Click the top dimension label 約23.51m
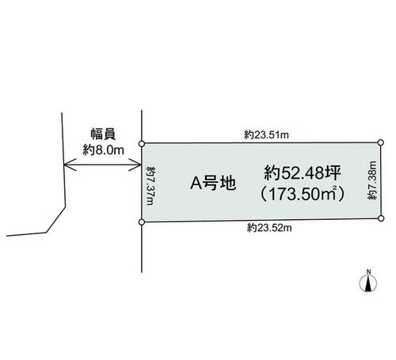tap(266, 135)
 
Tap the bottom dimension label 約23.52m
tap(269, 228)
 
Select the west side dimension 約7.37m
tap(151, 185)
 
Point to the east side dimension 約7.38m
tap(372, 180)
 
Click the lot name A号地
tap(213, 183)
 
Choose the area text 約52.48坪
tap(302, 173)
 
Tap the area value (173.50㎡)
tap(303, 194)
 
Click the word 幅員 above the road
tap(103, 135)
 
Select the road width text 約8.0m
tap(103, 150)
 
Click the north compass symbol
tap(368, 283)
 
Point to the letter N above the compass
tap(369, 271)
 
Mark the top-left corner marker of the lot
tap(142, 144)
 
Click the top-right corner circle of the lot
tap(380, 142)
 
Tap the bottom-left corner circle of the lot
tap(142, 222)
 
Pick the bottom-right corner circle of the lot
tap(381, 218)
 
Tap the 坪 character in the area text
tap(333, 173)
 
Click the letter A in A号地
tap(196, 183)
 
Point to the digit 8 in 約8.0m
tap(99, 150)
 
